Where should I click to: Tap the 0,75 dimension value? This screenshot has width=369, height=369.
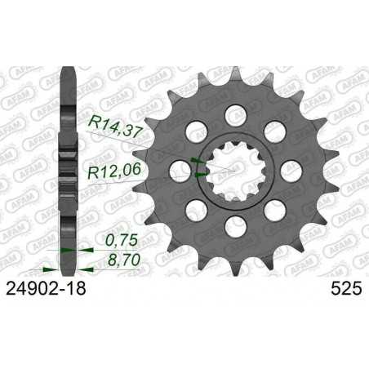pos(122,241)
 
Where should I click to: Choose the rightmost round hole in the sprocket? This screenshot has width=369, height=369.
pos(291,167)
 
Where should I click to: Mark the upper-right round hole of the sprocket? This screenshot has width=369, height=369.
pos(273,127)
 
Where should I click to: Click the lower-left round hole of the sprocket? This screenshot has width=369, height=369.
pos(193,208)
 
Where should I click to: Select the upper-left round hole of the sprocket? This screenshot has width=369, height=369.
pos(193,127)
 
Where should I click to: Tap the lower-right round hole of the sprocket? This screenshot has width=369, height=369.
pos(273,208)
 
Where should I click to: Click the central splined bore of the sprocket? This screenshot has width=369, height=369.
pos(233,167)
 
